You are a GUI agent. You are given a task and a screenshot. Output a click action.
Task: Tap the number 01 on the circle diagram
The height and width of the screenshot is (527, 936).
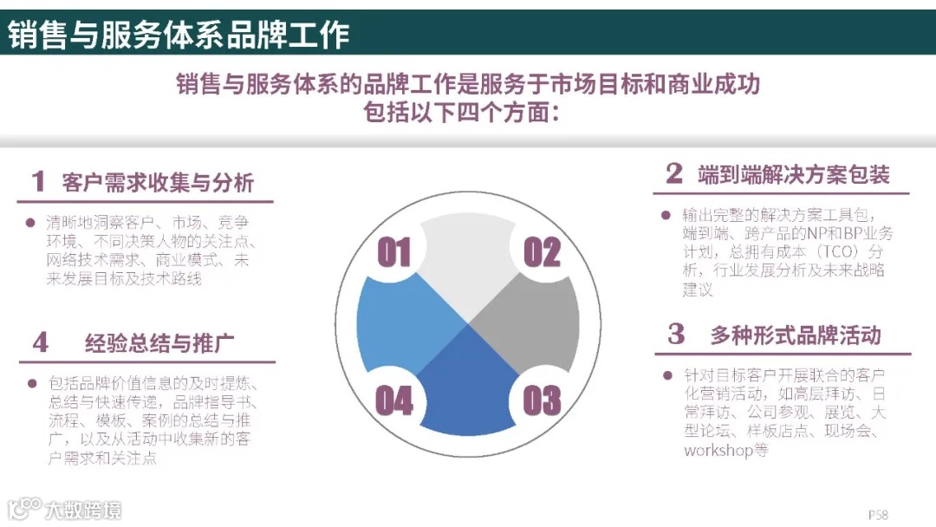click(x=394, y=253)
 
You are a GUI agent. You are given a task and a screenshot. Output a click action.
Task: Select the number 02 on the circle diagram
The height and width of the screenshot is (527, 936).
click(x=543, y=253)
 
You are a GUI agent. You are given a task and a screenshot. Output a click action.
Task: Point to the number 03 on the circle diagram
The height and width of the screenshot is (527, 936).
click(x=543, y=401)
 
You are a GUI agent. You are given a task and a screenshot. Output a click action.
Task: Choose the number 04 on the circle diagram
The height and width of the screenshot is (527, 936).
click(x=394, y=401)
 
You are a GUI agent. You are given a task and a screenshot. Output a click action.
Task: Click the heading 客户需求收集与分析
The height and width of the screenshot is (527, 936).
click(x=159, y=182)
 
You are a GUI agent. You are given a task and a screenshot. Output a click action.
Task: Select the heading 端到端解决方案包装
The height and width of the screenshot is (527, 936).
click(x=794, y=174)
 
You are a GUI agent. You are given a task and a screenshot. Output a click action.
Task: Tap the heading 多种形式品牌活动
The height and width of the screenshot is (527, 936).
click(x=796, y=335)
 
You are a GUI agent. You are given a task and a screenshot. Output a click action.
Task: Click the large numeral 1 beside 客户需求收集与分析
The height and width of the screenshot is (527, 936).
click(x=38, y=181)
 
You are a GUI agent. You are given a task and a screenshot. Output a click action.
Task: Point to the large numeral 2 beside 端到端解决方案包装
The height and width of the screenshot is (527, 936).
click(x=674, y=173)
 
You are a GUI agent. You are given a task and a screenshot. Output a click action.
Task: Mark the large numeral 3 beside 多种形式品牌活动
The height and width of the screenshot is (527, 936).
click(x=676, y=334)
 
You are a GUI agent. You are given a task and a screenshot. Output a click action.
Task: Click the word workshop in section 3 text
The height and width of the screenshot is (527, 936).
click(x=718, y=451)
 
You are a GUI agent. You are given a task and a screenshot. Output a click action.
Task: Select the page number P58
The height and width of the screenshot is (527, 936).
click(x=878, y=514)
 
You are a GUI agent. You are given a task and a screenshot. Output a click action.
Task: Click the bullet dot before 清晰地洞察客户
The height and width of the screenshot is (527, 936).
click(x=31, y=222)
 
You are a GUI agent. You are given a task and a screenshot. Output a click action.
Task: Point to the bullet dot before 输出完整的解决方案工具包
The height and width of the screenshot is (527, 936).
click(x=666, y=214)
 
